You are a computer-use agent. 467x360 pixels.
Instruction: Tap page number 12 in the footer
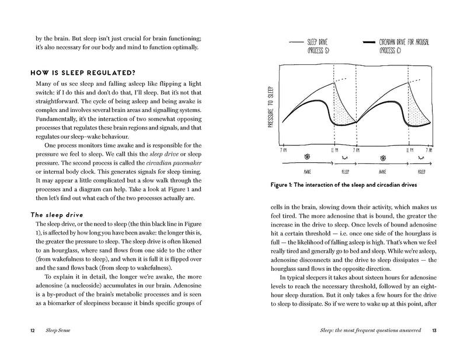[33, 331]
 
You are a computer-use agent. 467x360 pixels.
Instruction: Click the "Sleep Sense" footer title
[61, 331]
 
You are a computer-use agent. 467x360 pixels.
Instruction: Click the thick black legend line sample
[370, 43]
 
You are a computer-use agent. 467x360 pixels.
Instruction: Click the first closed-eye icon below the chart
[344, 158]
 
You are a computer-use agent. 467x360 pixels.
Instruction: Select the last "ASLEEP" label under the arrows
[419, 173]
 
